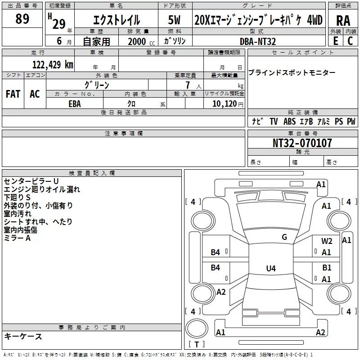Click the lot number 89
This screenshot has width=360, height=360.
[22, 18]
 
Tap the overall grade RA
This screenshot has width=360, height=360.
[343, 21]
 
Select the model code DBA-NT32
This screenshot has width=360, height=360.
[257, 41]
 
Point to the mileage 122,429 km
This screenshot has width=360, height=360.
[53, 65]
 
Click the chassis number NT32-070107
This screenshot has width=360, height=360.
[302, 143]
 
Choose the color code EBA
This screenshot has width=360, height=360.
[75, 104]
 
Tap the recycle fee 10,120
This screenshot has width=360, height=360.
[225, 104]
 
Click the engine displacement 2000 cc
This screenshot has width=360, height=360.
[141, 42]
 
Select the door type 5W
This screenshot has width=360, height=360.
[174, 20]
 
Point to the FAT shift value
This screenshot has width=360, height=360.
[13, 94]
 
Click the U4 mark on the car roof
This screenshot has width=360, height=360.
[271, 268]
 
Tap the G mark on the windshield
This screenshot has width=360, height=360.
[284, 237]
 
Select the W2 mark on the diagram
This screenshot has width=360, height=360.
[327, 241]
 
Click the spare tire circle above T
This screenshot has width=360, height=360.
[197, 328]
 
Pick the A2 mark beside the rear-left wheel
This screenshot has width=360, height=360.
[221, 292]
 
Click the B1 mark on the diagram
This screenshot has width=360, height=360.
[327, 267]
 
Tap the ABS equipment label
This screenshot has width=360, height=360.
[289, 121]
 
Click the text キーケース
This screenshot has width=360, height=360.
[23, 336]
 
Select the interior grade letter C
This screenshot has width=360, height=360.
[350, 41]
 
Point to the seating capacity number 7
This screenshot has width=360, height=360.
[188, 85]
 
